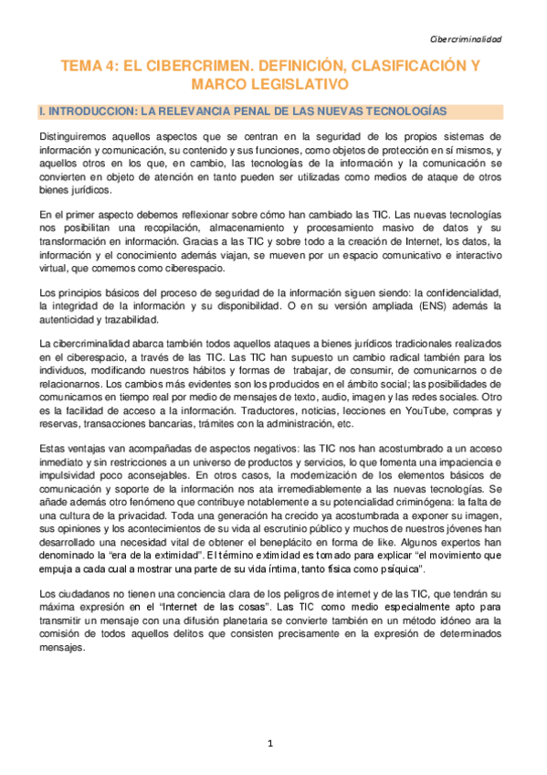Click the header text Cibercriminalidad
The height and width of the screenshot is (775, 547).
[466, 39]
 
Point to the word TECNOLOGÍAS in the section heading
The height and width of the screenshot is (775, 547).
[401, 112]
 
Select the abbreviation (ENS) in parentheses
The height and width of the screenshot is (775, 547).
[421, 306]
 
